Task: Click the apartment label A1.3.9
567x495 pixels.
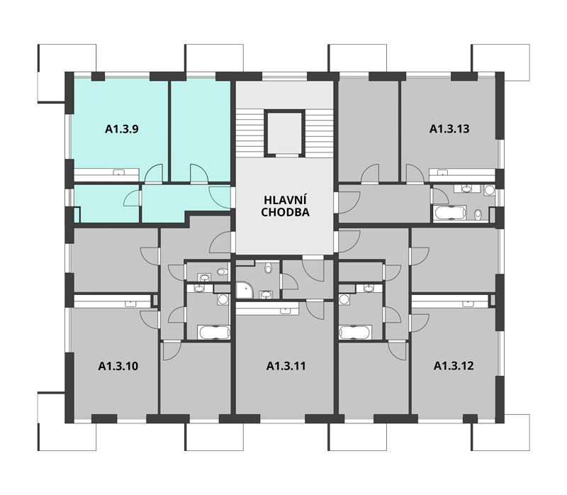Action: click(121, 129)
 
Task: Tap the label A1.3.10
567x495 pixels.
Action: click(118, 366)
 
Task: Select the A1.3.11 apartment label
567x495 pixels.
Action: click(286, 366)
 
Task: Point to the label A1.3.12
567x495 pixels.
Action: click(454, 366)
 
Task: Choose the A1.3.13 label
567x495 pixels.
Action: click(449, 129)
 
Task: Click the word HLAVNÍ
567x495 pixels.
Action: click(285, 200)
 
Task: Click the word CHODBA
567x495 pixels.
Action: click(285, 213)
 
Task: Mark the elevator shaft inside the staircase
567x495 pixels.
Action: click(284, 133)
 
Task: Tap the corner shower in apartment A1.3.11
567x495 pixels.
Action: click(245, 291)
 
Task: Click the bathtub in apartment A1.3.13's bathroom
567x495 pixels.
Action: click(450, 213)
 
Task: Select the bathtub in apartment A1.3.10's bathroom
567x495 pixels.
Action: click(214, 333)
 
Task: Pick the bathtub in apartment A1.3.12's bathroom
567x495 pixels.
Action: click(355, 333)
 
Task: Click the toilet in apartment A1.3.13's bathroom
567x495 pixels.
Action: click(478, 214)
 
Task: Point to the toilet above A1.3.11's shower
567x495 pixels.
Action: click(268, 268)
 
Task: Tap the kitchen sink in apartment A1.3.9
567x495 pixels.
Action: click(118, 172)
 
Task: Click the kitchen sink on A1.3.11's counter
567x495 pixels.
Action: click(286, 310)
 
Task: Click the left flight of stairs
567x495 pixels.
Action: click(250, 133)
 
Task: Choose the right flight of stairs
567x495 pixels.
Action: click(318, 133)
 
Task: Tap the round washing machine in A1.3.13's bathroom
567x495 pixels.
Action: click(490, 190)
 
